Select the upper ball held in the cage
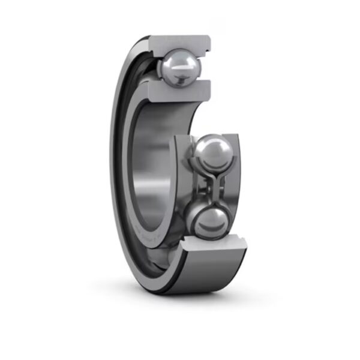coord(209,154)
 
